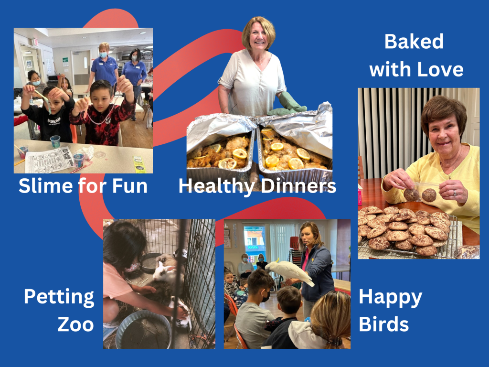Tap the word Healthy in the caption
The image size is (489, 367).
pyautogui.click(x=215, y=186)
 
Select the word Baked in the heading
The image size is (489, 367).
pyautogui.click(x=414, y=42)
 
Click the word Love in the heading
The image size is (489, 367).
pyautogui.click(x=439, y=70)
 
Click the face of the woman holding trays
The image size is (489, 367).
pyautogui.click(x=258, y=39)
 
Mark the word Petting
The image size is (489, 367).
pyautogui.click(x=59, y=297)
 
